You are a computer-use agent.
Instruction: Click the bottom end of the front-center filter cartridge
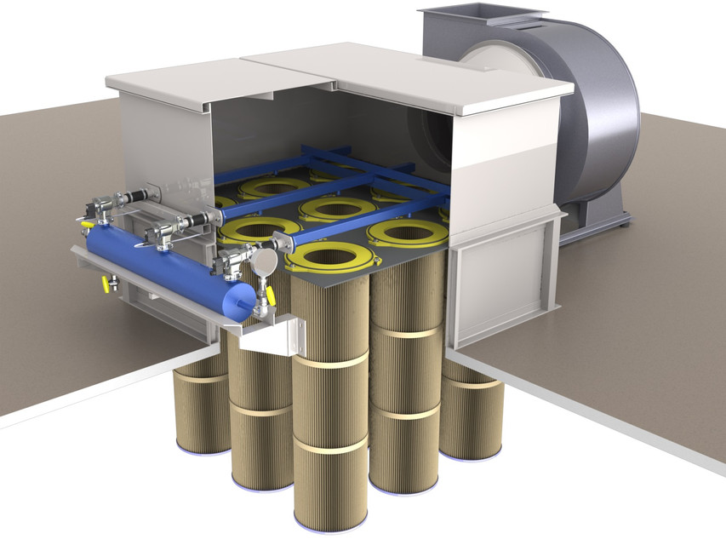(331, 519)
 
